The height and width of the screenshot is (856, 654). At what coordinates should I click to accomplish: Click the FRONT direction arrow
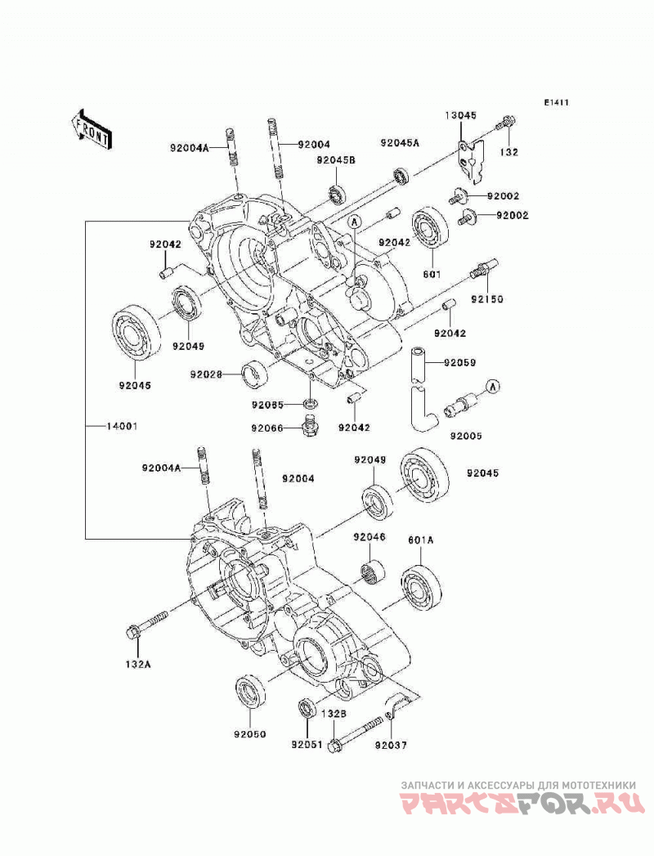coord(92,129)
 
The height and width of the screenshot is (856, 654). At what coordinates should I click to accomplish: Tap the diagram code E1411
coord(556,102)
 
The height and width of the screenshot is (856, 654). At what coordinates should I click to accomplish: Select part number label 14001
coord(122,426)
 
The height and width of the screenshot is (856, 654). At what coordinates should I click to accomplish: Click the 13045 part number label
coord(460,115)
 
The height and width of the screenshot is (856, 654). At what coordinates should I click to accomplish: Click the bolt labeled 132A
coord(146,625)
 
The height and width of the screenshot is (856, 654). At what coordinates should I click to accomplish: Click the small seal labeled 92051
coord(307,708)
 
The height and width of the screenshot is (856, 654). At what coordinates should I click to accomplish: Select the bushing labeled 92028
coord(255,375)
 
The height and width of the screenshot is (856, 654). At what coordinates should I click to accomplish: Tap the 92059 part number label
coord(459,362)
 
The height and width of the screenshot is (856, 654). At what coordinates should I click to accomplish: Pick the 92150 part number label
coord(487,299)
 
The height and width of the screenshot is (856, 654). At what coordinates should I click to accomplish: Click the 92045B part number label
coord(336,160)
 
